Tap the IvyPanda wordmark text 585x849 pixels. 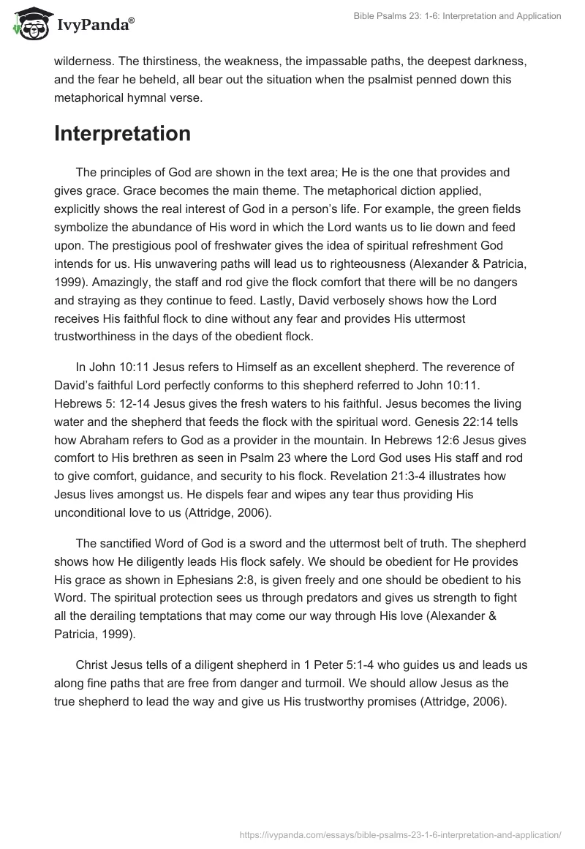coord(94,25)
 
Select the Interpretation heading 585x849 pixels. coord(122,133)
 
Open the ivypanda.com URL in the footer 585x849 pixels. coord(401,834)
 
